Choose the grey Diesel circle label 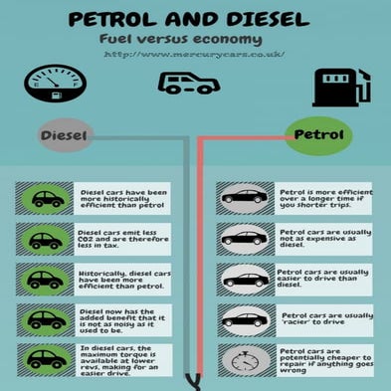click(67, 134)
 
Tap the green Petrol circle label click(316, 132)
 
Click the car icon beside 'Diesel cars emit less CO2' click(46, 239)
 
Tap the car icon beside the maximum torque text click(46, 358)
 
